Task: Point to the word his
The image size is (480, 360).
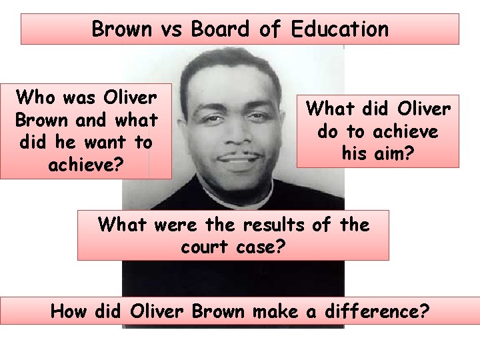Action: (x=354, y=154)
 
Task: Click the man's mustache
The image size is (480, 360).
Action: (x=238, y=156)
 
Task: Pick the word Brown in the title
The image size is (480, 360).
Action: (x=121, y=29)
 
